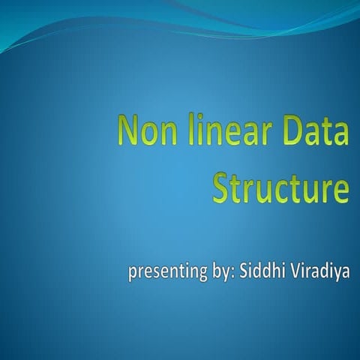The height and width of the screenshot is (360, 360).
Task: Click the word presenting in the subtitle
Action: [163, 271]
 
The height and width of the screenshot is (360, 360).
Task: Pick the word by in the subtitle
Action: [217, 271]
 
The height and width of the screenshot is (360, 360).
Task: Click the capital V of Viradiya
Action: [289, 270]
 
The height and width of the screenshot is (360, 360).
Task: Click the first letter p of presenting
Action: [133, 273]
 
